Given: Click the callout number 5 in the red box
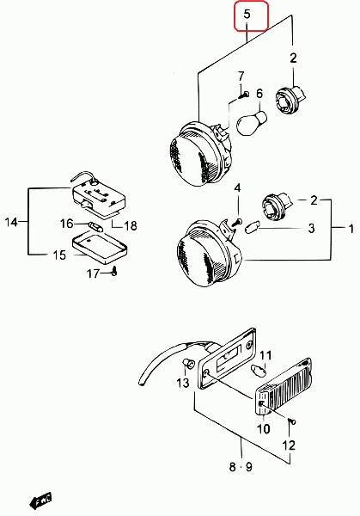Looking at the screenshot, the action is (247, 14).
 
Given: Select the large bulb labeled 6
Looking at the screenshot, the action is (252, 123).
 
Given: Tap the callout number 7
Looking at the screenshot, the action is (241, 77).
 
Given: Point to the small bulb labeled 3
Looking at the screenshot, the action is (252, 227).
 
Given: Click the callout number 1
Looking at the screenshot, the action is (351, 229).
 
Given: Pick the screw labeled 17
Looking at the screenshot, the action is (114, 271).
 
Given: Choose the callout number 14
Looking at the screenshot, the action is (11, 222).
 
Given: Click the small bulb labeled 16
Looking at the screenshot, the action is (95, 226).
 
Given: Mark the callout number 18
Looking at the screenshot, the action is (131, 225).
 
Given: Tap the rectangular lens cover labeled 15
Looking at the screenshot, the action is (100, 246).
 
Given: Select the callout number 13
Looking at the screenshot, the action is (183, 383).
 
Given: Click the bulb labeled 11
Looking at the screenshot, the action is (259, 371).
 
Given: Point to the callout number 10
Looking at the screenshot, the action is (263, 428).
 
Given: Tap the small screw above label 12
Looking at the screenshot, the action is (291, 421).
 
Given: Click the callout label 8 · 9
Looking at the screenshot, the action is (241, 467).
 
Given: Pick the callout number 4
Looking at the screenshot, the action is (237, 187).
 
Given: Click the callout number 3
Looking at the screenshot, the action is (311, 229).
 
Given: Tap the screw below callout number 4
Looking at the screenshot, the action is (237, 222).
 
